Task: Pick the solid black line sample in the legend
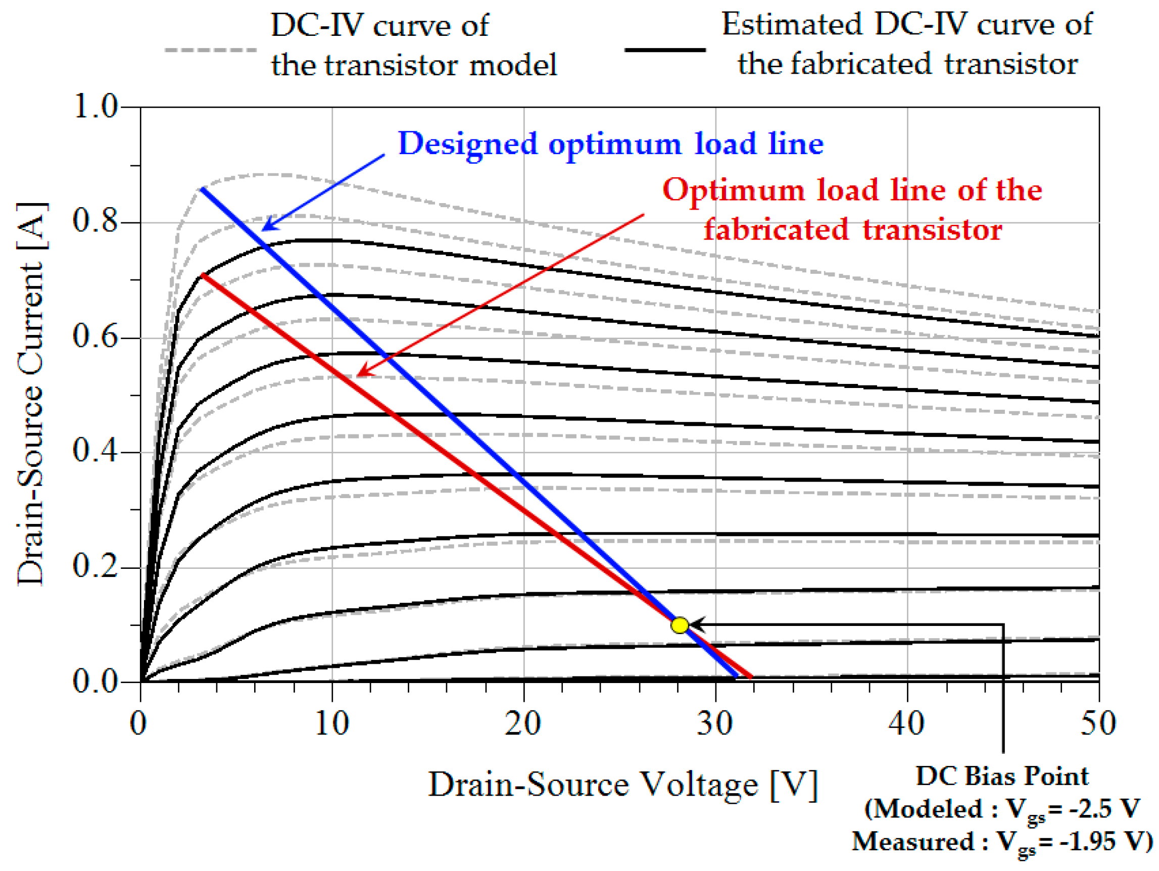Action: click(x=665, y=50)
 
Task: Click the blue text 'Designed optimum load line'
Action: click(x=610, y=143)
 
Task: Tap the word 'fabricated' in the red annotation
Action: click(x=776, y=229)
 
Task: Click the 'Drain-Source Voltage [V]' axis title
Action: click(x=622, y=785)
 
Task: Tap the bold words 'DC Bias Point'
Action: click(x=1002, y=776)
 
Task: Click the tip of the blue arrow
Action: click(x=263, y=229)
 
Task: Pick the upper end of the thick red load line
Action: click(x=203, y=274)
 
